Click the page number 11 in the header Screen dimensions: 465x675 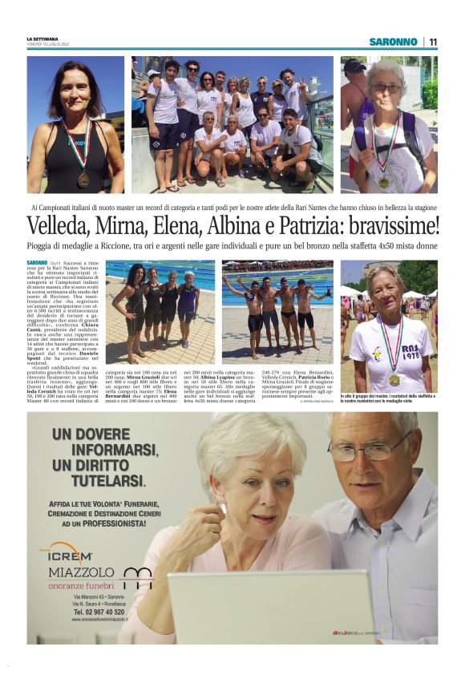click(433, 42)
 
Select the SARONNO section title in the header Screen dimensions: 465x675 click(393, 42)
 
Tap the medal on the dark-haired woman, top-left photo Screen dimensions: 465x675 click(83, 179)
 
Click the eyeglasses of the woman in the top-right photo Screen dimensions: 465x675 click(386, 88)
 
